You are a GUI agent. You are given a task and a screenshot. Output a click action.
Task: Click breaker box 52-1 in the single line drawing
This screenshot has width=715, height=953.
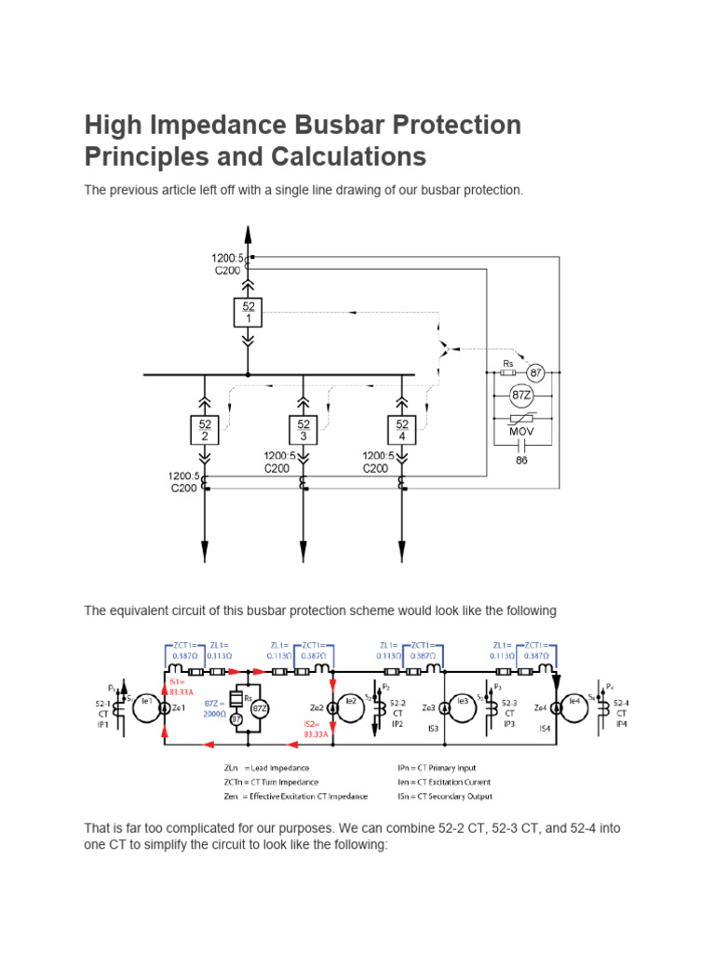pyautogui.click(x=247, y=312)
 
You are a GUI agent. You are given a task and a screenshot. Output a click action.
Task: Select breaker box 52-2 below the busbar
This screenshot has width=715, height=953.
pyautogui.click(x=204, y=429)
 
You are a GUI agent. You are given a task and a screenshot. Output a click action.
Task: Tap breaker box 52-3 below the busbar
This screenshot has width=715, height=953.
pyautogui.click(x=303, y=429)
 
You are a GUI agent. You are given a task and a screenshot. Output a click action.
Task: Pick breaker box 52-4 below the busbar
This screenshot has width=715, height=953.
pyautogui.click(x=401, y=429)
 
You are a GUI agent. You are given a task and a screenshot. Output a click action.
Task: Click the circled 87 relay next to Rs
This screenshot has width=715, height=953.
pyautogui.click(x=535, y=373)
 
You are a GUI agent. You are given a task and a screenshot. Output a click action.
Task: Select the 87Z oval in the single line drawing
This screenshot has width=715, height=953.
pyautogui.click(x=522, y=396)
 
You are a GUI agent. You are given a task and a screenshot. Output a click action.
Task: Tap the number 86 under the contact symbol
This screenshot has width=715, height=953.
pyautogui.click(x=521, y=460)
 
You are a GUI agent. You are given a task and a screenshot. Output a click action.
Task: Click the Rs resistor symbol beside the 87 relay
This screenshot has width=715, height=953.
pyautogui.click(x=508, y=373)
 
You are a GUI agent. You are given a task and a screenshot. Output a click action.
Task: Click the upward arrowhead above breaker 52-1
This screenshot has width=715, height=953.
pyautogui.click(x=247, y=232)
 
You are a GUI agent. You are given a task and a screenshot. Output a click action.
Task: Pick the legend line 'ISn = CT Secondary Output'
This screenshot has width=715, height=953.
pyautogui.click(x=444, y=796)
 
